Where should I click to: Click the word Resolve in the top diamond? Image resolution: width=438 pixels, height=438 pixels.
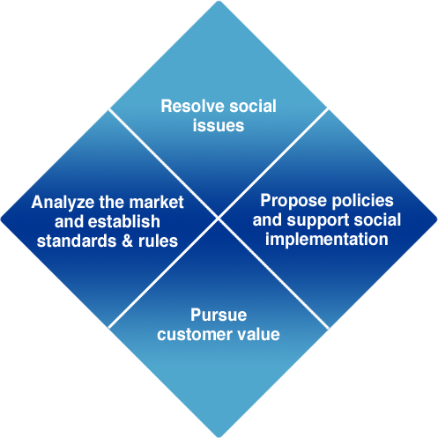(192, 106)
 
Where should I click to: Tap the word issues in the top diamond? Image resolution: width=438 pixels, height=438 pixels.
(219, 125)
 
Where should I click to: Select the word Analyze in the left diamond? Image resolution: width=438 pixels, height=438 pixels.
(63, 203)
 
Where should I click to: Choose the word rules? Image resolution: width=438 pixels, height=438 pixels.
(158, 241)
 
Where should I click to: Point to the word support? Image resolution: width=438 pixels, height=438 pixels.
(318, 221)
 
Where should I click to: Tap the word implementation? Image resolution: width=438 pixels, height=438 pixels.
(327, 239)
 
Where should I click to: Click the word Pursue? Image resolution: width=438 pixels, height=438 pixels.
(219, 315)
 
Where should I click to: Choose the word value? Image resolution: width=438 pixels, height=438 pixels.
(259, 334)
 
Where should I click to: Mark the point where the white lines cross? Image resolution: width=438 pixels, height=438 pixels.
(219, 219)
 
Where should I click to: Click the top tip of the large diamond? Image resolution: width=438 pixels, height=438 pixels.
(219, 1)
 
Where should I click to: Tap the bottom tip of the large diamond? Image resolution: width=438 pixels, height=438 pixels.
(219, 437)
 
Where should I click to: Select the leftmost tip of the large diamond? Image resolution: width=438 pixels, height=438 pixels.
(1, 219)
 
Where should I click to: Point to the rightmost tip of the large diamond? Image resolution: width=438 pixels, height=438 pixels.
(437, 219)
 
